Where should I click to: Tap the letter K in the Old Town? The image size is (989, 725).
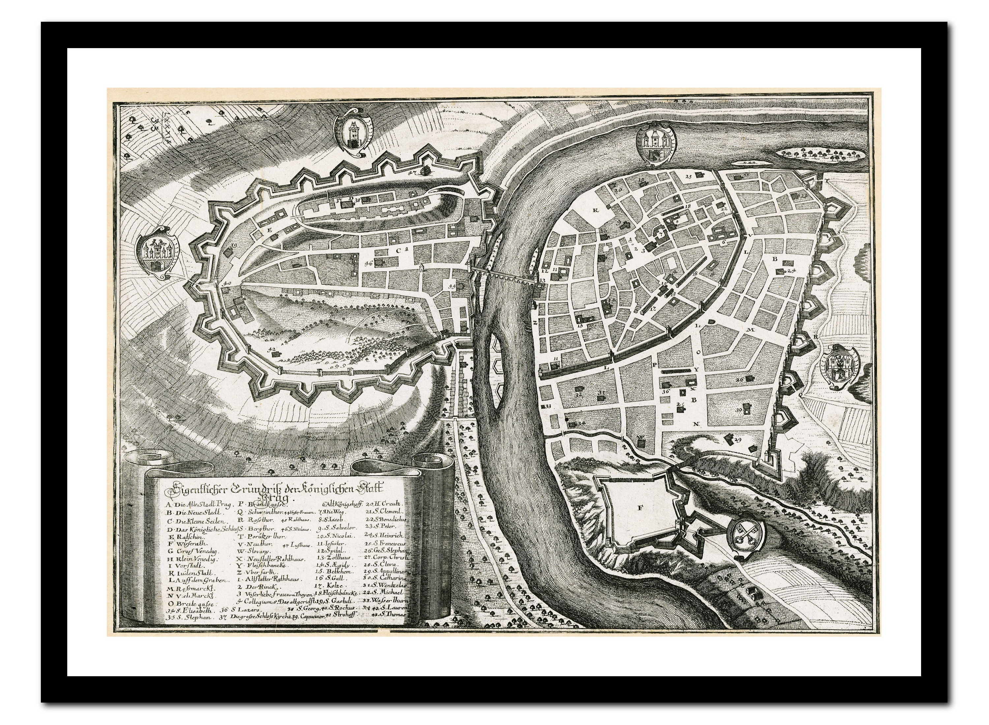pyautogui.click(x=596, y=210)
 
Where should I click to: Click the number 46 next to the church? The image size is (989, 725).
pyautogui.click(x=368, y=264)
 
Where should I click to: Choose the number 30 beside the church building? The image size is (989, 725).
pyautogui.click(x=739, y=410)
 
